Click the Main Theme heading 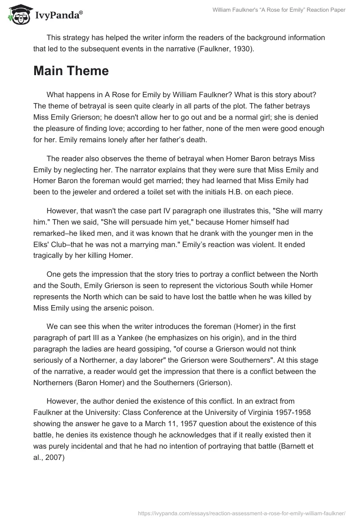pos(71,71)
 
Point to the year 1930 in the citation pos(243,49)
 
